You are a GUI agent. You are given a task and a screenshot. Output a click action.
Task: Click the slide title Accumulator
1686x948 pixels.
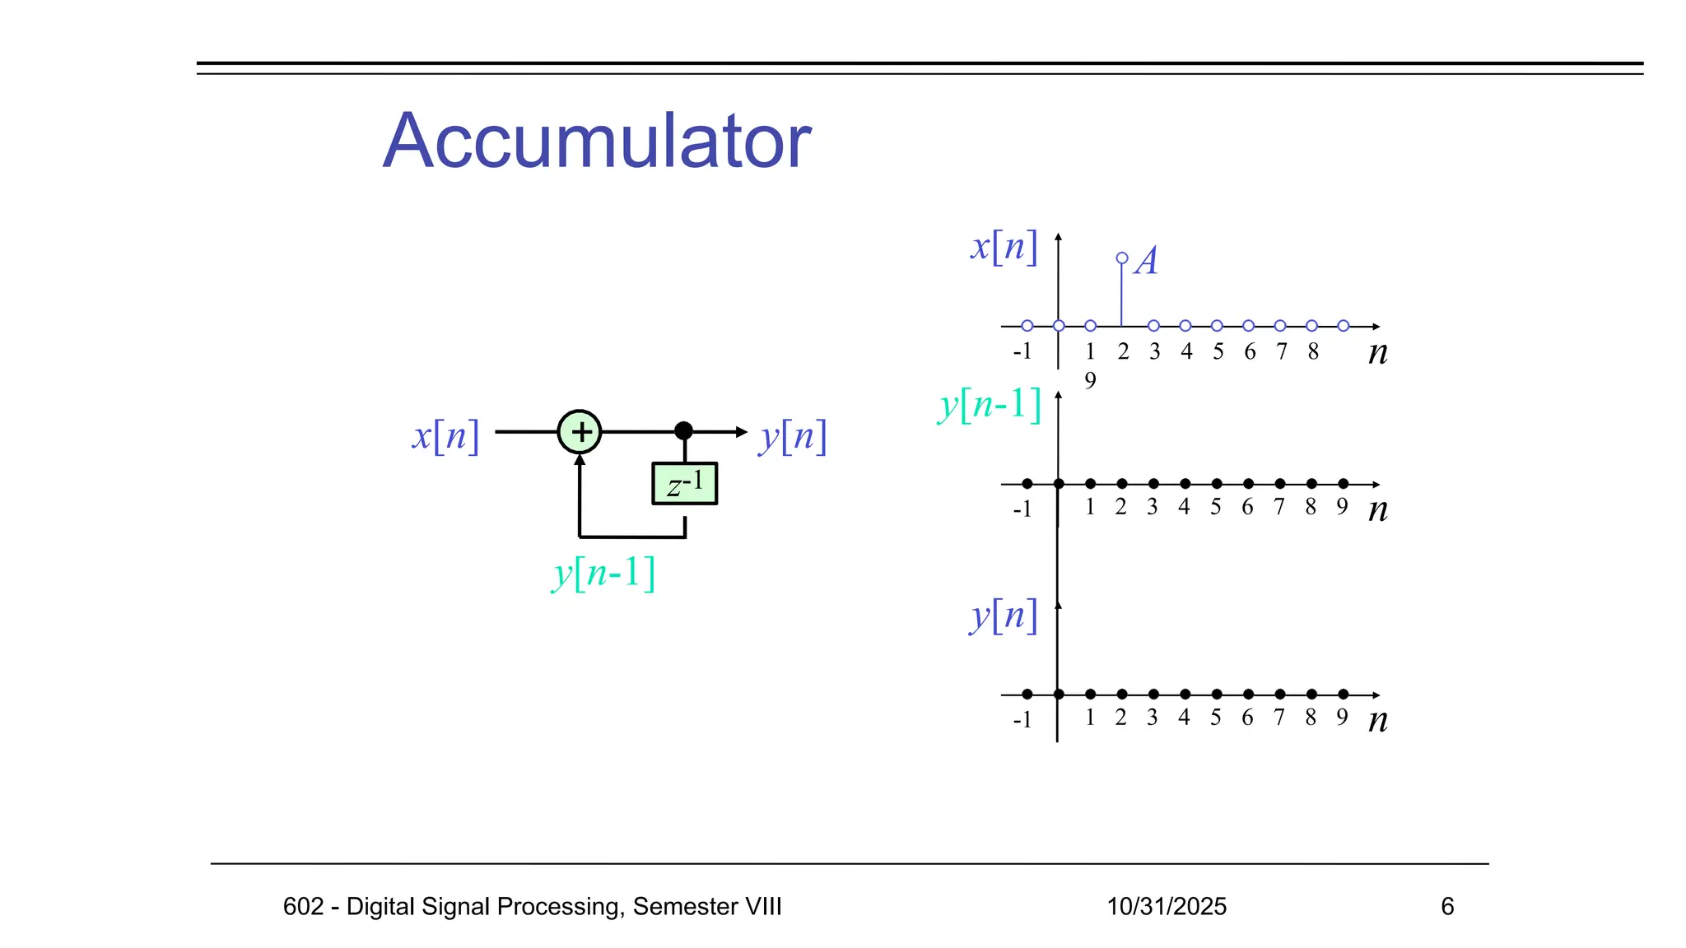click(597, 142)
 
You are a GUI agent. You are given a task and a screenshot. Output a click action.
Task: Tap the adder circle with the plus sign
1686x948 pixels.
click(580, 431)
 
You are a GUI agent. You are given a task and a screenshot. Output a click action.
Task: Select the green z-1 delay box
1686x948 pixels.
click(684, 484)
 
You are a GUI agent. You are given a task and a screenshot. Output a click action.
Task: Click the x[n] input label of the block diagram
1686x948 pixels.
click(445, 435)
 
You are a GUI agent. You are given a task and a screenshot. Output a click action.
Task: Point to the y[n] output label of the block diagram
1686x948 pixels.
click(793, 436)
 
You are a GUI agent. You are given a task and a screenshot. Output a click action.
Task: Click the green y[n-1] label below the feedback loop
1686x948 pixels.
click(603, 573)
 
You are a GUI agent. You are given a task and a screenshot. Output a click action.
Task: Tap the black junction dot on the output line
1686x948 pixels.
click(683, 430)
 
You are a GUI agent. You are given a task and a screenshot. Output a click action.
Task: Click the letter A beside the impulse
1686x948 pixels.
click(1146, 261)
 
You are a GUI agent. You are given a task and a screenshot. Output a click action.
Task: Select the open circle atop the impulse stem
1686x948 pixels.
click(1122, 258)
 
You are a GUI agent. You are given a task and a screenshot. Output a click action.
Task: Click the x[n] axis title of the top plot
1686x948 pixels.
click(1004, 246)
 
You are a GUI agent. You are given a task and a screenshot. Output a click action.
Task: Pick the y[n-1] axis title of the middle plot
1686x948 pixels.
click(990, 405)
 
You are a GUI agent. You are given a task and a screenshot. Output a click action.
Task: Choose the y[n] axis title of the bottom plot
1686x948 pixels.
click(1004, 616)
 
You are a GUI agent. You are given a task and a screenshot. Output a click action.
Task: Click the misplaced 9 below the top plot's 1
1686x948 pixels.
click(1090, 380)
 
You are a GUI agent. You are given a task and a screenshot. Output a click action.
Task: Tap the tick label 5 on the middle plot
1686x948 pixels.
click(1216, 507)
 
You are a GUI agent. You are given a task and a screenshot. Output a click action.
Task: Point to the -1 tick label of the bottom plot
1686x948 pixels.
click(1022, 720)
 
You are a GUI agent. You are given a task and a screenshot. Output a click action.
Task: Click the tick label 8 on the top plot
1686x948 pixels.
click(1313, 352)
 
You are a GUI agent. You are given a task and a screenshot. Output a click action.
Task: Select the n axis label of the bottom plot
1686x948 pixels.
click(1377, 720)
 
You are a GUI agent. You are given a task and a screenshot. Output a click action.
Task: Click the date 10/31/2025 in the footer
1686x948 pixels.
click(1167, 906)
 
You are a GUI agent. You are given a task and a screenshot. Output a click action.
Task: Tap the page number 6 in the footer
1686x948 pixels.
click(1447, 906)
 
